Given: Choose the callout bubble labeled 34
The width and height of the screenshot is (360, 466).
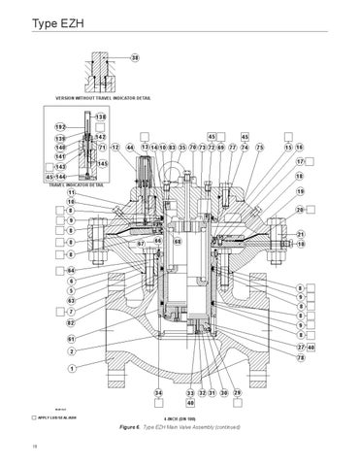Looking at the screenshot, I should pyautogui.click(x=157, y=393).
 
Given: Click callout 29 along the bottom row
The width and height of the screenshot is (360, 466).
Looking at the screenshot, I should pyautogui.click(x=236, y=393).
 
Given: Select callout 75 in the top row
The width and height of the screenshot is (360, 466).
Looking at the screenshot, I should pyautogui.click(x=259, y=148).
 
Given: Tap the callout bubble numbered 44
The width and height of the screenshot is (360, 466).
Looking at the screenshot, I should pyautogui.click(x=129, y=148).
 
